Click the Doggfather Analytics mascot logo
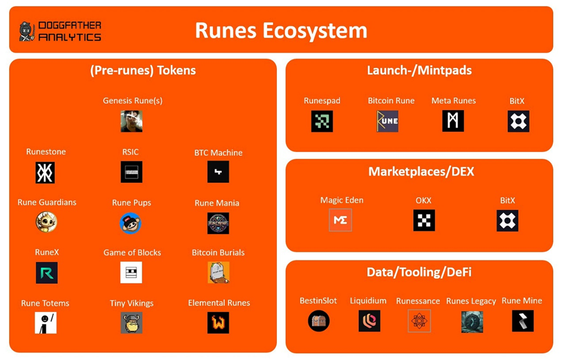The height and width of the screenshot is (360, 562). click(27, 31)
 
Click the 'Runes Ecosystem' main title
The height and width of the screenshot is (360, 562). click(281, 31)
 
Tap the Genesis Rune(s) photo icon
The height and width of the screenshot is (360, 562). click(131, 122)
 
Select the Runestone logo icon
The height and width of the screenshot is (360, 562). click(45, 172)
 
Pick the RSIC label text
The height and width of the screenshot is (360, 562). click(130, 152)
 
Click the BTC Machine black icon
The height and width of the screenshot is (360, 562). click(218, 172)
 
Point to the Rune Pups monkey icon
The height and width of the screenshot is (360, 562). click(131, 223)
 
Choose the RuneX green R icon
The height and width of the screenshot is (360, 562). click(47, 273)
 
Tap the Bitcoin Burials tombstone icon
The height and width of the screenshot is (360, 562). click(218, 272)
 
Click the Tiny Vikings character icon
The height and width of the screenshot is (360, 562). click(131, 323)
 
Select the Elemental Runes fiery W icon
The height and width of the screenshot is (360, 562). click(218, 323)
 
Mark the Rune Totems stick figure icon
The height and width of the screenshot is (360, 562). click(45, 323)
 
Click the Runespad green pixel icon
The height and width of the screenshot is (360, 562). click(322, 122)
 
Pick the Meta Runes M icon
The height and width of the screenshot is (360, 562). click(453, 121)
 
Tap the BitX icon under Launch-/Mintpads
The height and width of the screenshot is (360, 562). click(518, 122)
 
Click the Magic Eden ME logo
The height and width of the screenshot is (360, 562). click(340, 220)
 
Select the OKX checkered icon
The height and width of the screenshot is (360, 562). click(424, 220)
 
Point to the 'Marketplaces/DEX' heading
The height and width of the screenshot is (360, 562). click(421, 172)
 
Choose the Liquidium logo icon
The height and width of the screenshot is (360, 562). click(370, 320)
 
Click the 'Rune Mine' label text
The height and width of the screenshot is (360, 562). click(522, 301)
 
